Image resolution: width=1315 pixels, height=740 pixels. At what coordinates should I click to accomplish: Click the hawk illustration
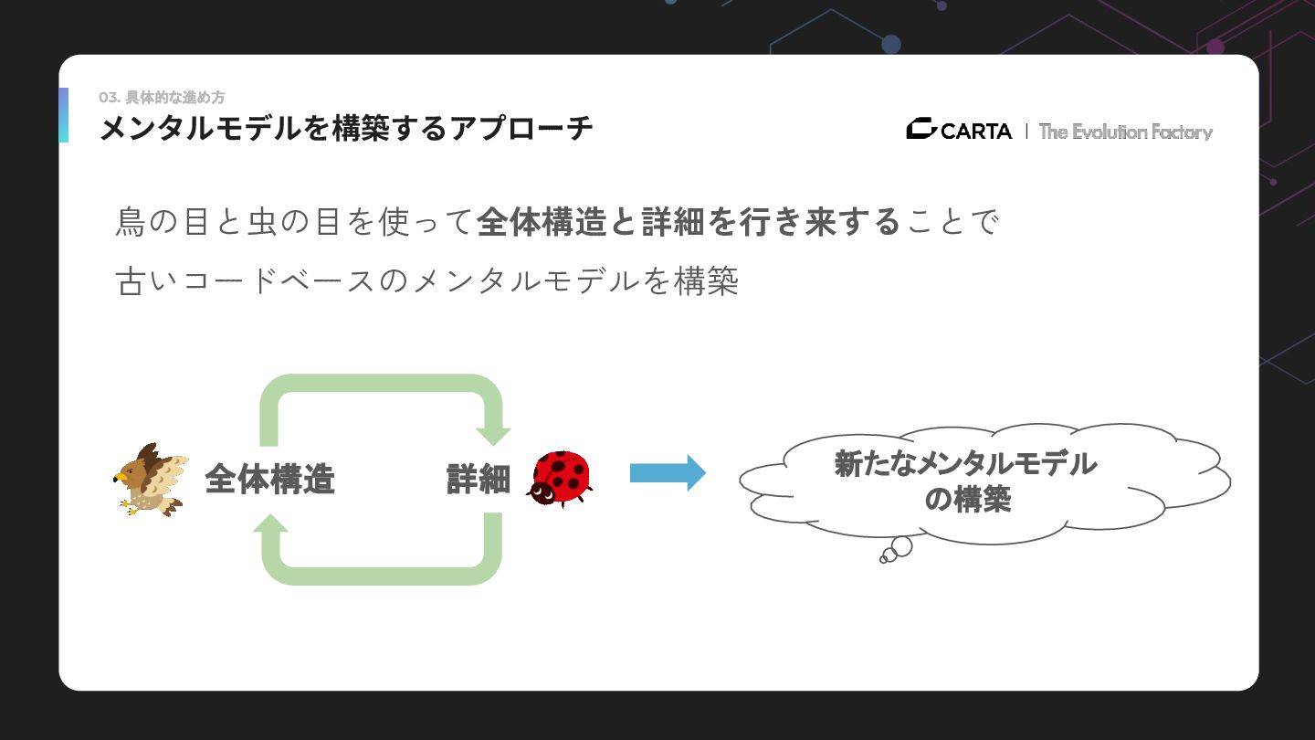tap(151, 480)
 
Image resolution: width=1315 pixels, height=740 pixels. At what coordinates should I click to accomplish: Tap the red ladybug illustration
tap(559, 477)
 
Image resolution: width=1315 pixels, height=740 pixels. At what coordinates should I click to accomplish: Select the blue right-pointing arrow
tap(668, 473)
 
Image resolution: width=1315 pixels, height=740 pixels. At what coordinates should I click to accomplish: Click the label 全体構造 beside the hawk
tap(269, 479)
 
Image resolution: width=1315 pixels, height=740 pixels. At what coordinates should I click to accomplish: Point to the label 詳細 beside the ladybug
tap(478, 479)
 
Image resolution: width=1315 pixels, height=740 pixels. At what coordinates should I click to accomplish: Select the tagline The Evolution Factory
tap(1125, 132)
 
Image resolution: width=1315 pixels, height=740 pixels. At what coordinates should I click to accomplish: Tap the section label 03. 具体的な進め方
tap(162, 98)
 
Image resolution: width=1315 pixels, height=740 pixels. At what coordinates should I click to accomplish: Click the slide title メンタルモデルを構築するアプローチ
tap(346, 129)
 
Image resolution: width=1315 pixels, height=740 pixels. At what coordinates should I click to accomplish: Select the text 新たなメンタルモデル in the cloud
tap(966, 464)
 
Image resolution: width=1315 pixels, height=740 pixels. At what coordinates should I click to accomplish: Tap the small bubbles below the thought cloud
tap(896, 550)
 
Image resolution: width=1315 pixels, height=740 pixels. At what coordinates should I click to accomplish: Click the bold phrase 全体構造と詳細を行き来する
tap(689, 222)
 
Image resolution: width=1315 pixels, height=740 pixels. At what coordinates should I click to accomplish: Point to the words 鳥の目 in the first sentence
tap(163, 222)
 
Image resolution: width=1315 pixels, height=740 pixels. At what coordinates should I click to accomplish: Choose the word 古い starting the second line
tap(148, 280)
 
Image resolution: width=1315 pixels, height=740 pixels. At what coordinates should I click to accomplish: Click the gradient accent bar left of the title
tap(63, 115)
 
